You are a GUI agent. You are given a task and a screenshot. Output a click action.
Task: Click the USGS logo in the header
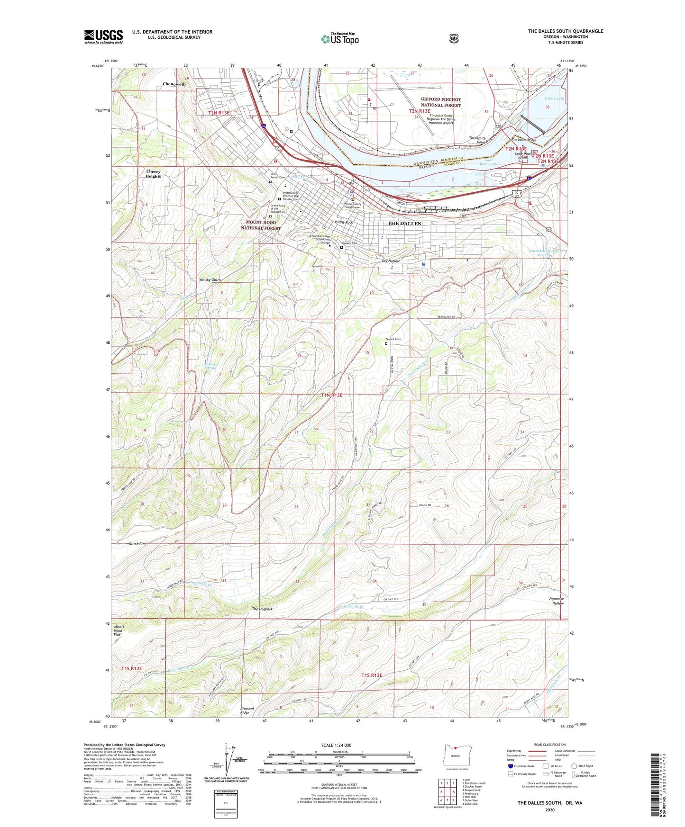point(103,36)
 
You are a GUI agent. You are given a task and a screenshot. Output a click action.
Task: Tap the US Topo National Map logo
point(339,38)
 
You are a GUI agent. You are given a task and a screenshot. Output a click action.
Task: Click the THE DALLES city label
point(404,223)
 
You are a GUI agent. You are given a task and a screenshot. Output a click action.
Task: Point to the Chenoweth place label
point(174,84)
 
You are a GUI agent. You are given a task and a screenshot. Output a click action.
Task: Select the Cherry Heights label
point(153,174)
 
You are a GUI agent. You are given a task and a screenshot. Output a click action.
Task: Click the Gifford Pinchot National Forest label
point(440,102)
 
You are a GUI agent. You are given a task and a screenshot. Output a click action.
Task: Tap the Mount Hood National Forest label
point(260,225)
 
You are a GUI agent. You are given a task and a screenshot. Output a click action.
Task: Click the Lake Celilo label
point(554,98)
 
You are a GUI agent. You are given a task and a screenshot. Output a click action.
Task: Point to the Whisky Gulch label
point(210,280)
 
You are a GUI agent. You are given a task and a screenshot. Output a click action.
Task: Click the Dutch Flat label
point(137,544)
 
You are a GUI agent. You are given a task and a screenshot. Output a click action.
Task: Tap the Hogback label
point(262,609)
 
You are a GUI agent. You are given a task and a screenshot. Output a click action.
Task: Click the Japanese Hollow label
point(557,601)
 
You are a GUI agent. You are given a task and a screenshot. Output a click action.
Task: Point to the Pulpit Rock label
point(343,222)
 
